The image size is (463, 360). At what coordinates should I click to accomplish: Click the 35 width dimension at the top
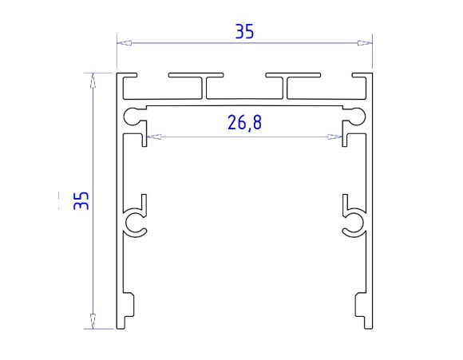click(x=244, y=32)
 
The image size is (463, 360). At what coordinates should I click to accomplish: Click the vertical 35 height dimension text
click(x=81, y=200)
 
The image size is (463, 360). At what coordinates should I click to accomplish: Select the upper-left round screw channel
click(x=129, y=117)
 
